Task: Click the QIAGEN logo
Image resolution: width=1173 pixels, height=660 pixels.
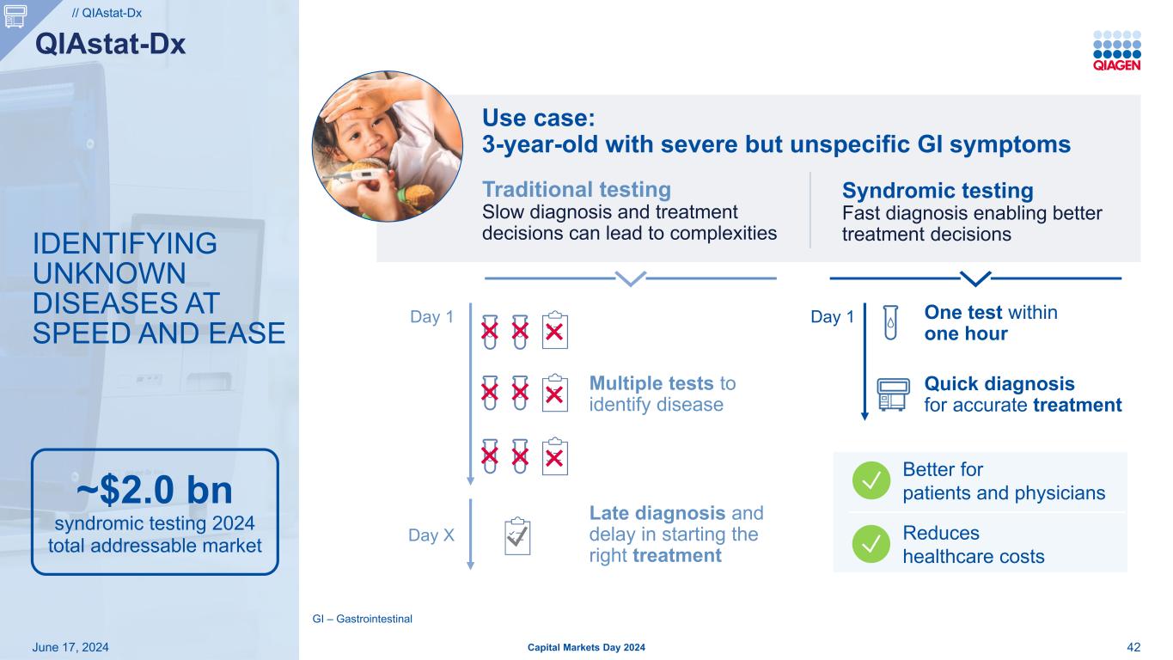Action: pos(1116,51)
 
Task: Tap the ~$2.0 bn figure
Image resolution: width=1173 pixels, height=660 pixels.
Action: pos(155,490)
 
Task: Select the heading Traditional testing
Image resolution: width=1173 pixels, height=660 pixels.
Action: pos(577,190)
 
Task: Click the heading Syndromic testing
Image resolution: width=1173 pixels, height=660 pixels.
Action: pos(938,191)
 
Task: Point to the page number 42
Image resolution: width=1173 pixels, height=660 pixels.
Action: pos(1133,647)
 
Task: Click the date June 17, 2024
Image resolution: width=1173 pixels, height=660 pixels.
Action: pos(70,647)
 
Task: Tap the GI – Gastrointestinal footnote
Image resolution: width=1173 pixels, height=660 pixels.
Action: pos(363,619)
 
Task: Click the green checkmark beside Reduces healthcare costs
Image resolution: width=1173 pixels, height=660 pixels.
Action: pos(871,544)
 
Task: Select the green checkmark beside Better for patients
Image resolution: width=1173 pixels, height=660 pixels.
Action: pos(871,480)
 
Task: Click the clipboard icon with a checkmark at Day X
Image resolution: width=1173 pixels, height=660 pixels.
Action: pos(517,536)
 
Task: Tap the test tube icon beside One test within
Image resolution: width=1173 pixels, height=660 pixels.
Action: pos(890,322)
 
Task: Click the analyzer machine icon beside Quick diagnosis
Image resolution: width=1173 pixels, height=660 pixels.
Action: pos(893,394)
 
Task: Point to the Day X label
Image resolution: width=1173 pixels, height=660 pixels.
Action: pos(431,535)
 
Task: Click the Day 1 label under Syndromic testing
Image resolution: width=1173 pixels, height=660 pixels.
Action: pos(832,317)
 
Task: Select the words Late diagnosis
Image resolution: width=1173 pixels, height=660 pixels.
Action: pos(657,513)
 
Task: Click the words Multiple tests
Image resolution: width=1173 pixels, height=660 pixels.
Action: pos(651,383)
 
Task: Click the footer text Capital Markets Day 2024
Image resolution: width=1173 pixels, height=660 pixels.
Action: pos(586,647)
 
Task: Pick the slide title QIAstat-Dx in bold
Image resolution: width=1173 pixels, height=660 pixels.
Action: pos(111,44)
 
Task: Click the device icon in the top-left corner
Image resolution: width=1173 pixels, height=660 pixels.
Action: pos(15,16)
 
